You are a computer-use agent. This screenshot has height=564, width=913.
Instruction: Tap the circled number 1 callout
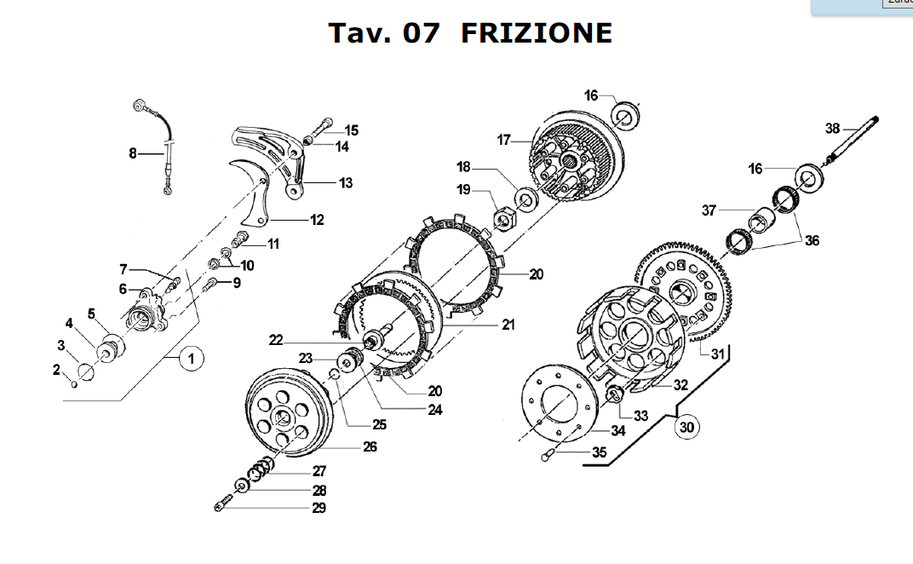[x=192, y=360]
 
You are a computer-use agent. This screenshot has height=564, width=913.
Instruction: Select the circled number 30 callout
[x=687, y=428]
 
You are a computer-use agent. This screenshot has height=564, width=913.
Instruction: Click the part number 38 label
[x=833, y=129]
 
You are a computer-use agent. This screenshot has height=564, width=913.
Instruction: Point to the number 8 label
[x=133, y=154]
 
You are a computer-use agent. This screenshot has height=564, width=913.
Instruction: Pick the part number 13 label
[x=346, y=183]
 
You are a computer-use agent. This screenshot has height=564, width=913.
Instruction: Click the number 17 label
[x=503, y=140]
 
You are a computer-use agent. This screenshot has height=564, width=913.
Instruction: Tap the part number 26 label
[x=370, y=446]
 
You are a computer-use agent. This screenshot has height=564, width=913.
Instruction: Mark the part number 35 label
[x=600, y=452]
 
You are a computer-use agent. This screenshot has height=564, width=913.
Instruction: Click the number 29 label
[x=319, y=509]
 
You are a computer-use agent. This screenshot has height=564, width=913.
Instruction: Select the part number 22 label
[x=275, y=340]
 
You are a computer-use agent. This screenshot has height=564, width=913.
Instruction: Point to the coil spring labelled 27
[x=259, y=468]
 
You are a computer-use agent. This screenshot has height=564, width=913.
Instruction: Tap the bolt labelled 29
[x=225, y=504]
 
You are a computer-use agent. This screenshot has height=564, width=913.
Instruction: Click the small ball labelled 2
[x=73, y=384]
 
